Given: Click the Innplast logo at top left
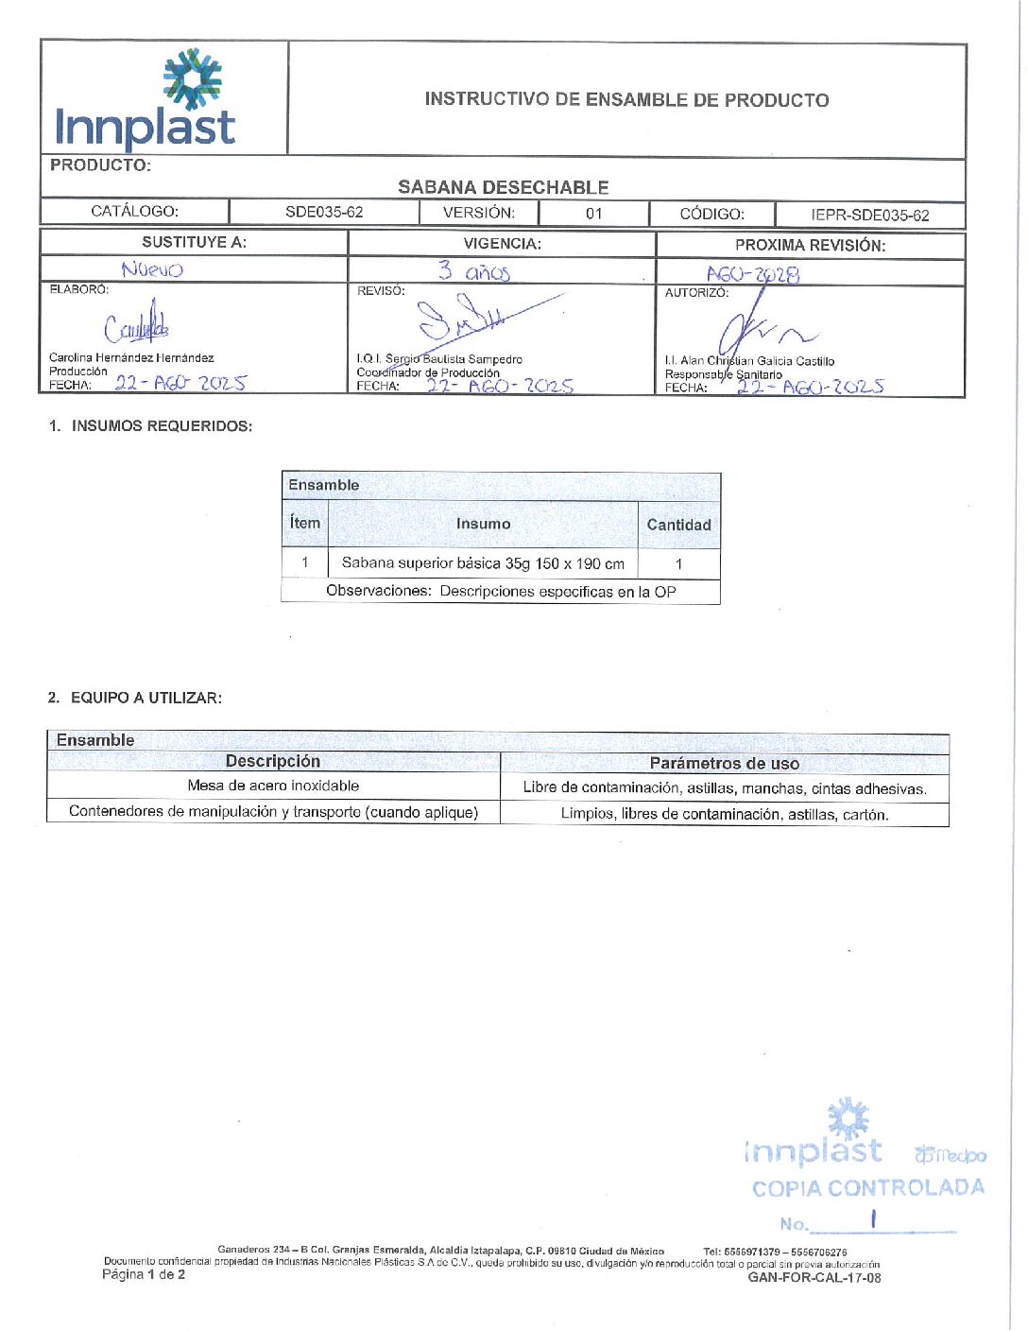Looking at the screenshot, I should [146, 99].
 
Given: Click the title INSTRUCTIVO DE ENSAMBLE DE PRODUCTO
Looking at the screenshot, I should [626, 100].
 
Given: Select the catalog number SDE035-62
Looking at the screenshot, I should [324, 212].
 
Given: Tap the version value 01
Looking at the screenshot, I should [593, 214].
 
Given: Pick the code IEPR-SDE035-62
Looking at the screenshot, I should [869, 216].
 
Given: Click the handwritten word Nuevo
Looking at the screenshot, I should [152, 270].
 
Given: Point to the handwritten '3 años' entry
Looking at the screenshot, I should [474, 272].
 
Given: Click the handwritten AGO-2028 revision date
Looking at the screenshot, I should [753, 275].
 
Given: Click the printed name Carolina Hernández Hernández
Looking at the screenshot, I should [131, 358].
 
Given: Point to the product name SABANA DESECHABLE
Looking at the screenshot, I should [503, 187].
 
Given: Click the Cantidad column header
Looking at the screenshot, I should [678, 525].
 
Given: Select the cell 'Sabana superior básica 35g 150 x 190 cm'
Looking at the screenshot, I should [483, 563].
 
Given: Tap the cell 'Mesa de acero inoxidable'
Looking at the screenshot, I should [273, 786].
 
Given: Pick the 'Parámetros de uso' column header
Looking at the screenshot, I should [724, 764].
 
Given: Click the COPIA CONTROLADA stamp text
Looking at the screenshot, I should [867, 1188].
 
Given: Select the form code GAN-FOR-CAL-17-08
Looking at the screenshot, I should [814, 1278].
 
